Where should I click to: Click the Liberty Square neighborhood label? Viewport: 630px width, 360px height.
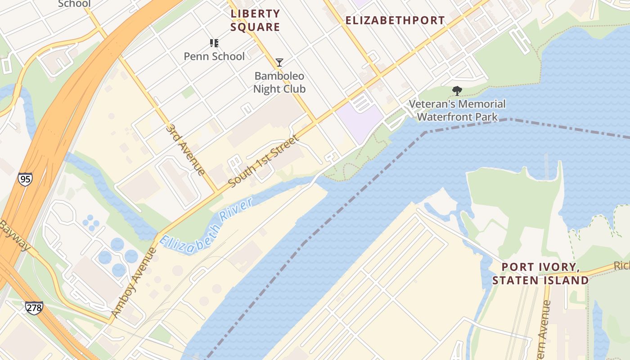click(255, 20)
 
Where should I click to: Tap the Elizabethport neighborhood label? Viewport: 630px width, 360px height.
click(395, 20)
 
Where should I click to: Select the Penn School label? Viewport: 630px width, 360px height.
click(214, 56)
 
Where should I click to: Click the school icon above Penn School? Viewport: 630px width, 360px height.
click(214, 43)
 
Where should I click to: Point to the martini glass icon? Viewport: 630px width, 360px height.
click(279, 63)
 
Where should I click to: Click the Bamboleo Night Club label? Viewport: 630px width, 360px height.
click(279, 82)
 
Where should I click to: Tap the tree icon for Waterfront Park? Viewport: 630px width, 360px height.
click(457, 91)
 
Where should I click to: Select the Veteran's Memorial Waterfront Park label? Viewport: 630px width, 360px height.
click(457, 111)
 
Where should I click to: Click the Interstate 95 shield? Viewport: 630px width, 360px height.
click(25, 179)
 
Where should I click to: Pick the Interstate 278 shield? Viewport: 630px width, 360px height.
click(34, 308)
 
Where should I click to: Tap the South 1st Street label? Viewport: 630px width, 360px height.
click(263, 162)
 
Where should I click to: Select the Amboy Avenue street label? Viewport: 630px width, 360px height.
click(134, 282)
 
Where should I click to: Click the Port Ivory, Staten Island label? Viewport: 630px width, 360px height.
click(540, 274)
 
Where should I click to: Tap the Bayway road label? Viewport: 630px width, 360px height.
click(14, 236)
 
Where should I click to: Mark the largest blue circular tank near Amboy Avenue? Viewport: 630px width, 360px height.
click(117, 245)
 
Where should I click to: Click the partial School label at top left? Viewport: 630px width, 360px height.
click(74, 4)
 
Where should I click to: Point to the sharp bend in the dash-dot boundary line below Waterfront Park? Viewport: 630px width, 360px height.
click(425, 132)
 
